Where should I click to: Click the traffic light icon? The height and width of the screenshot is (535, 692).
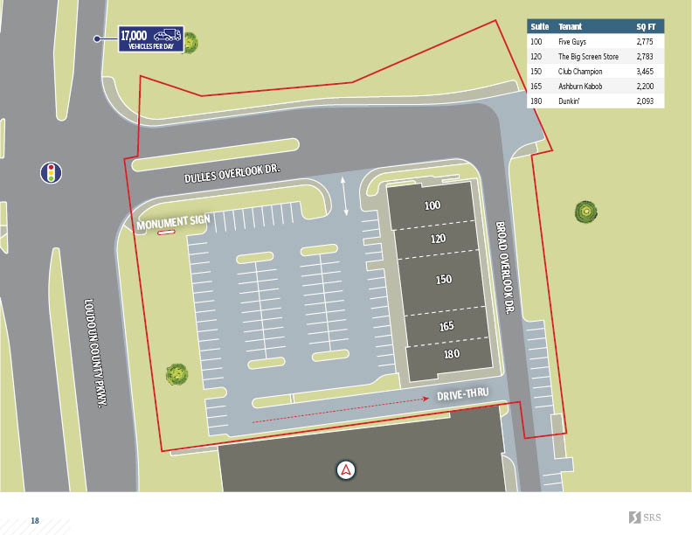point(51,172)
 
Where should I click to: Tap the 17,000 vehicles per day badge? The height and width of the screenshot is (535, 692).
point(151,39)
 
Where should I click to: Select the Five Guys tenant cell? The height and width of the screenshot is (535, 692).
point(573,42)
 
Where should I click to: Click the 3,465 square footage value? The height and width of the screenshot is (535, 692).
point(646,72)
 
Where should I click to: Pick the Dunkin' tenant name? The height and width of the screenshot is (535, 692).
point(570,101)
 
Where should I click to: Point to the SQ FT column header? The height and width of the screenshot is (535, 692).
point(646,26)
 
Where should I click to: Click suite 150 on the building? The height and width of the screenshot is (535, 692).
point(444,280)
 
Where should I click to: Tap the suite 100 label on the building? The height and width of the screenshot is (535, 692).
point(432,206)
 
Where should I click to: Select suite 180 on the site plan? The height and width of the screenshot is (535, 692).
point(451,354)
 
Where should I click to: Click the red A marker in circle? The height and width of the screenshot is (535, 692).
point(347,469)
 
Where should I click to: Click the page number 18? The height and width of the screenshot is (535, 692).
point(35,521)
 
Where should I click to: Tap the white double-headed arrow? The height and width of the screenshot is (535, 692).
point(347,195)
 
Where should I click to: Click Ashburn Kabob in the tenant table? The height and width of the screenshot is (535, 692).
point(580,87)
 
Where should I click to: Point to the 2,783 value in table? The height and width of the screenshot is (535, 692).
point(646,57)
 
